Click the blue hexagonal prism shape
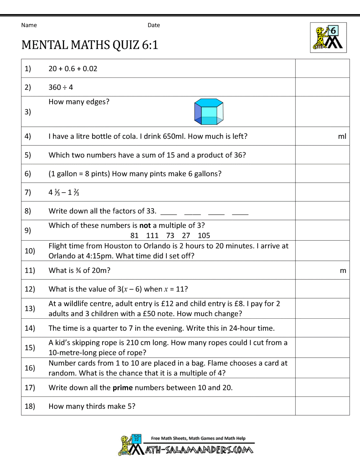pyautogui.click(x=209, y=112)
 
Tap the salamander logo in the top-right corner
pyautogui.click(x=328, y=37)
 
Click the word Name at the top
pyautogui.click(x=29, y=25)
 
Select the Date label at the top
pyautogui.click(x=154, y=25)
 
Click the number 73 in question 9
pyautogui.click(x=170, y=236)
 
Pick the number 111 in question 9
pyautogui.click(x=152, y=236)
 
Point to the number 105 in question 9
pyautogui.click(x=204, y=236)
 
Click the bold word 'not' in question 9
pyautogui.click(x=145, y=225)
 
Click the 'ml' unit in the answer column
pyautogui.click(x=342, y=136)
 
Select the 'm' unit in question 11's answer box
pyautogui.click(x=343, y=270)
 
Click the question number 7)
pyautogui.click(x=28, y=192)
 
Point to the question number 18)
pyautogui.click(x=30, y=406)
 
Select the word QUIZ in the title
pyautogui.click(x=126, y=45)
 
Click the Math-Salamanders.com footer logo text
pyautogui.click(x=199, y=450)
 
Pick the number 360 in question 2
pyautogui.click(x=55, y=88)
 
